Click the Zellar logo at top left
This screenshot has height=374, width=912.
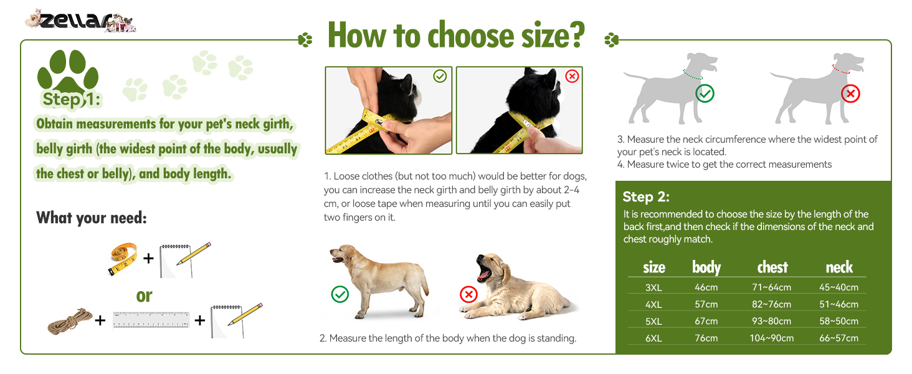[x=80, y=21]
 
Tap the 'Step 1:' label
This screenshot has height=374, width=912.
[x=72, y=99]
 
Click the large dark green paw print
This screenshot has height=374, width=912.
[x=67, y=71]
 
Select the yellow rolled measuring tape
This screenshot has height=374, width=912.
[x=123, y=259]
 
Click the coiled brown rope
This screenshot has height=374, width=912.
[x=70, y=320]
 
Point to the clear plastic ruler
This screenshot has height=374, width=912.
[x=151, y=320]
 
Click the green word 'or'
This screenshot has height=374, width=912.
[x=144, y=296]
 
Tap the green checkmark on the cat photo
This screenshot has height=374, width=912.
[x=440, y=76]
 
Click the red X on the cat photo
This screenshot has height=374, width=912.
[x=572, y=76]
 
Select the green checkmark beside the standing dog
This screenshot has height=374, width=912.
[x=340, y=294]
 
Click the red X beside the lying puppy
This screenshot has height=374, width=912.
[x=468, y=294]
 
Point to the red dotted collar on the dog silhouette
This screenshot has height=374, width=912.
[x=840, y=70]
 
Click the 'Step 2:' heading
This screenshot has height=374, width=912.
[x=646, y=197]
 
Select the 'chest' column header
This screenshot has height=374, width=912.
[x=772, y=267]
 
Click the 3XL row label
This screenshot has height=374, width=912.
[x=653, y=287]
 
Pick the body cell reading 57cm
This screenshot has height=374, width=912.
[x=706, y=304]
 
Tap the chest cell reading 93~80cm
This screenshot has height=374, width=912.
[x=772, y=321]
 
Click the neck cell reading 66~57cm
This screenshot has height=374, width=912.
[x=838, y=338]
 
